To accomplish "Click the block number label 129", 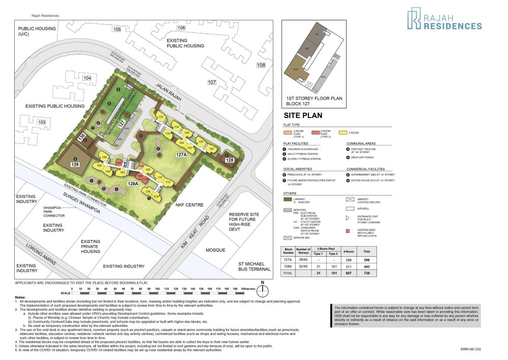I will pos(75,165).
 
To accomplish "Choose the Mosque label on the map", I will pos(215,251).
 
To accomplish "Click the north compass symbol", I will pos(263,290).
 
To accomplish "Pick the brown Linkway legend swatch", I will pos(288,200).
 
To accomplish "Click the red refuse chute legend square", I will pos(347,232).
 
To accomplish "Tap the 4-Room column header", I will pos(348,251).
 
